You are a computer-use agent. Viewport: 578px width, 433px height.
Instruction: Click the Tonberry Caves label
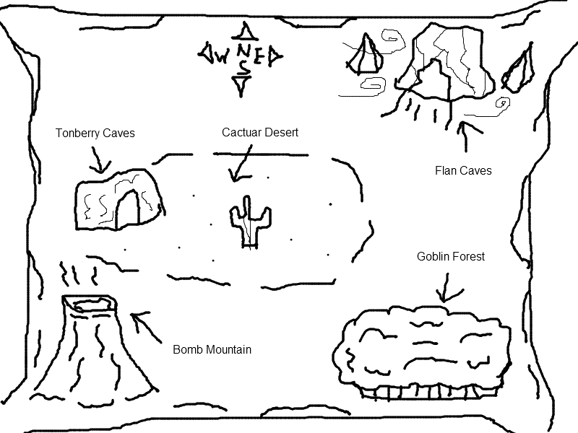(95, 134)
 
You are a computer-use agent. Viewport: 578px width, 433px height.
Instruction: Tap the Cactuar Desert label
(260, 133)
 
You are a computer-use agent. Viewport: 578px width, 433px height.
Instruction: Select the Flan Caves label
(463, 171)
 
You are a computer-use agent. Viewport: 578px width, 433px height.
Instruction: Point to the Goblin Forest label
(451, 257)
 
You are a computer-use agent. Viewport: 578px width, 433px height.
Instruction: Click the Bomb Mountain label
(212, 350)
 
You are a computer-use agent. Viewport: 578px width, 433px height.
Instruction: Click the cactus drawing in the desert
(250, 221)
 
